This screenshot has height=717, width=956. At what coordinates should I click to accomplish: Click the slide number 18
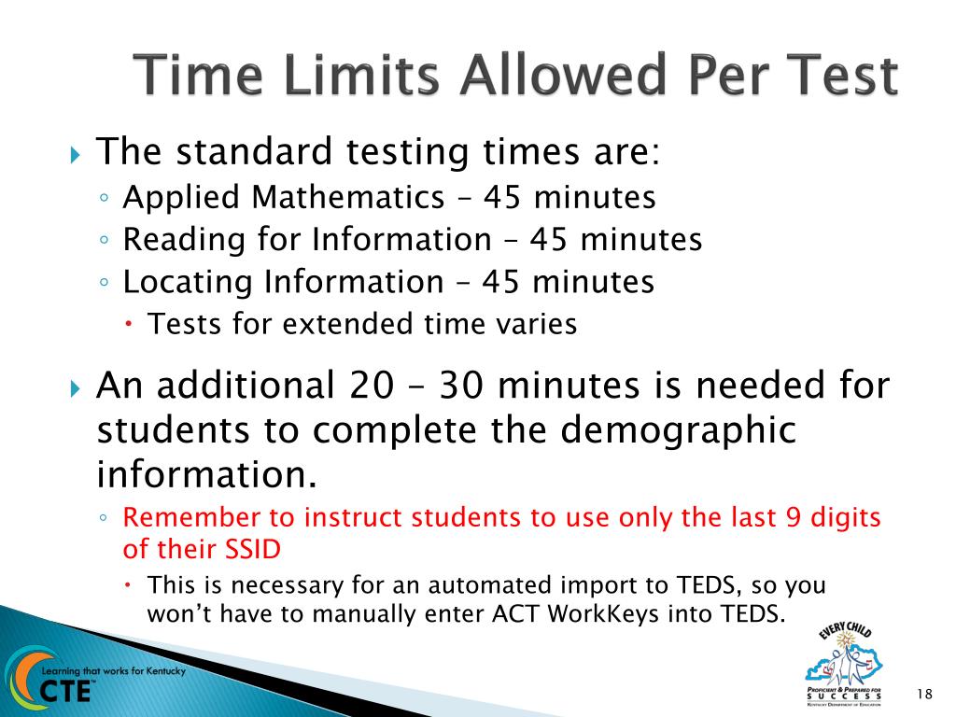(925, 693)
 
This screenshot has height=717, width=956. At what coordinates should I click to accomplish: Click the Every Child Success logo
(843, 666)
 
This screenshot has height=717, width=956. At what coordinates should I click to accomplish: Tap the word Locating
(188, 281)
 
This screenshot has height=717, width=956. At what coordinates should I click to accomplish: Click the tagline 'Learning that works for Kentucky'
(107, 671)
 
